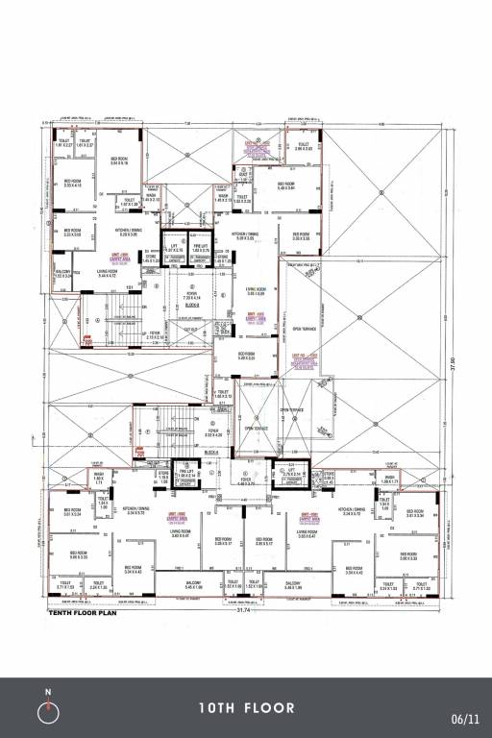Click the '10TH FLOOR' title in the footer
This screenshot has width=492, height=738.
(x=247, y=708)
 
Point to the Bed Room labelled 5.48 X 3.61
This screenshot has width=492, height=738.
(x=285, y=186)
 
